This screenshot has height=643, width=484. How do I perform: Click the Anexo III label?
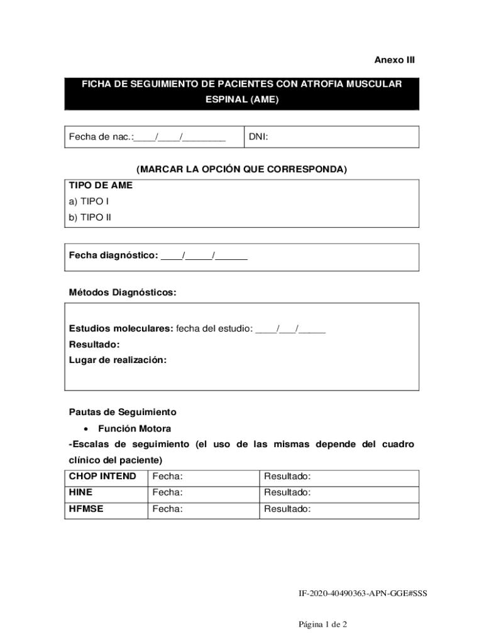tap(395, 60)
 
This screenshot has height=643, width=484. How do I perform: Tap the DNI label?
tap(258, 137)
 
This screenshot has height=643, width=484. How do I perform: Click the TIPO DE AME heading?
tap(101, 185)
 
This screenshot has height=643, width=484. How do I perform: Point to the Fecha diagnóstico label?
tap(113, 256)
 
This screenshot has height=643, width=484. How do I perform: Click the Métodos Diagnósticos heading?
tap(123, 292)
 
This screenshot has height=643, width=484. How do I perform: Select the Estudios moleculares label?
tap(121, 328)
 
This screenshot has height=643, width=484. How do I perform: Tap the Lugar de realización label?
tap(118, 360)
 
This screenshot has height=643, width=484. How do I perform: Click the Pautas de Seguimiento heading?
tap(123, 412)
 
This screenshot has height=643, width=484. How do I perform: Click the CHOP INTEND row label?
tap(102, 477)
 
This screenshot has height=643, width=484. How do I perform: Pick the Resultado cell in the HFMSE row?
tap(338, 509)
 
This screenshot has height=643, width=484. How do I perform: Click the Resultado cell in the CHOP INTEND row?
tap(338, 477)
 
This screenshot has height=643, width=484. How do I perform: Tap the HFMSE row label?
tap(86, 509)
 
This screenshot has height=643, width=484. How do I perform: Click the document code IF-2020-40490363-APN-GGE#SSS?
tap(363, 592)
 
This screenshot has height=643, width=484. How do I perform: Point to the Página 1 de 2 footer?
tap(323, 624)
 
